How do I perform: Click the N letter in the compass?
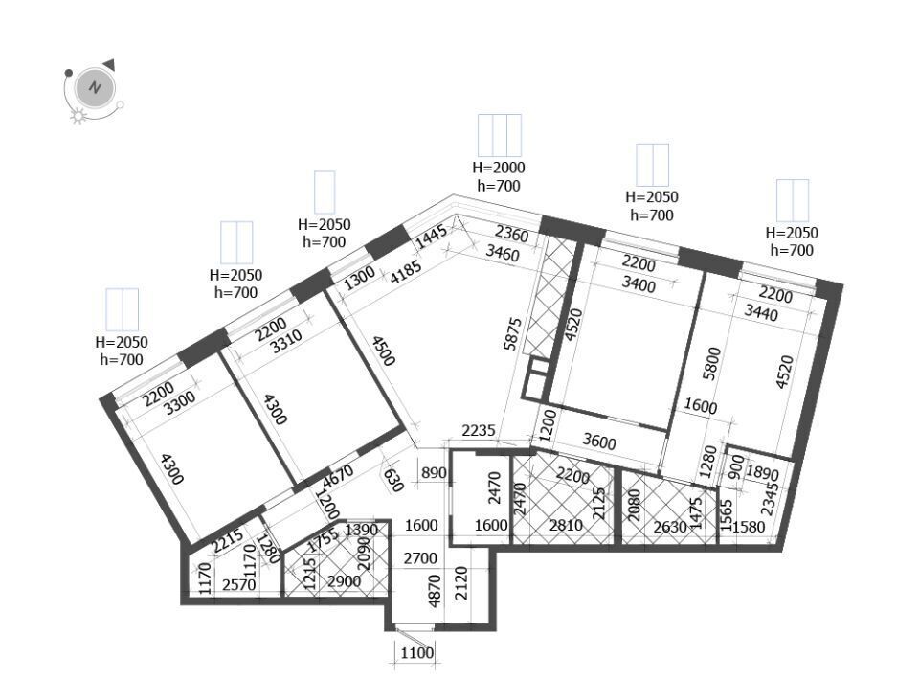(x=95, y=88)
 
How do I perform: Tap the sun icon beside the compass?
(x=78, y=116)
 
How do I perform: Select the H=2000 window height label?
(x=499, y=168)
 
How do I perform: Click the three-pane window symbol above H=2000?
(x=500, y=135)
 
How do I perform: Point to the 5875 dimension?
(x=513, y=334)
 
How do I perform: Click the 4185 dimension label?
(x=406, y=272)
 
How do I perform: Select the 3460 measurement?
(x=503, y=254)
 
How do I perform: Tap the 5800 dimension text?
(x=712, y=363)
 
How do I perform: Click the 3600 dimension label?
(x=599, y=441)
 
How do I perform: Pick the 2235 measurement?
(x=479, y=431)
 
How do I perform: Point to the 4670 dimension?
(x=338, y=475)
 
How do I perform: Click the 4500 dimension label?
(x=383, y=350)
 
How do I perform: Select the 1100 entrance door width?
(x=417, y=652)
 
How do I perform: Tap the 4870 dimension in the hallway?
(x=435, y=590)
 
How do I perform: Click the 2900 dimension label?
(x=344, y=582)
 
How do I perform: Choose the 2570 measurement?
(x=239, y=584)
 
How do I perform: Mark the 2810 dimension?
(x=566, y=525)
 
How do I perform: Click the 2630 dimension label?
(x=670, y=527)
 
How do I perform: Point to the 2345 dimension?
(x=772, y=499)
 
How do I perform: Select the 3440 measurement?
(x=761, y=313)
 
